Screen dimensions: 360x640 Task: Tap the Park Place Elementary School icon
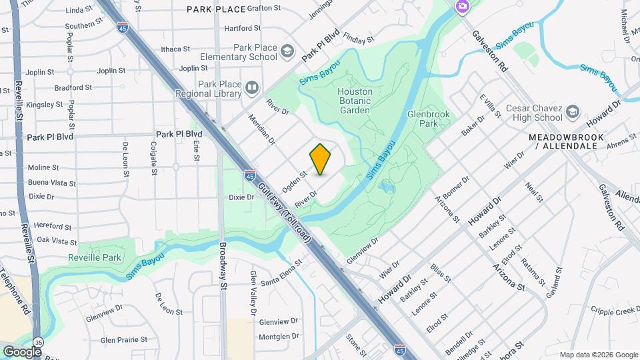coord(287,51)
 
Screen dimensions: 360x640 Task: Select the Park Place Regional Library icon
coord(251,87)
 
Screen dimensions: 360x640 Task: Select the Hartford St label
coord(242,29)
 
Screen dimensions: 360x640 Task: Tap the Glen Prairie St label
coord(123,340)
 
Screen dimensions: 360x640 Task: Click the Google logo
coord(22,351)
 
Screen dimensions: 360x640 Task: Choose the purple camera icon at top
coord(462,7)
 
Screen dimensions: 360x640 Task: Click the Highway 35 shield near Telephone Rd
coord(39,342)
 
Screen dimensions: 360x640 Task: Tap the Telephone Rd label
coord(15,292)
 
